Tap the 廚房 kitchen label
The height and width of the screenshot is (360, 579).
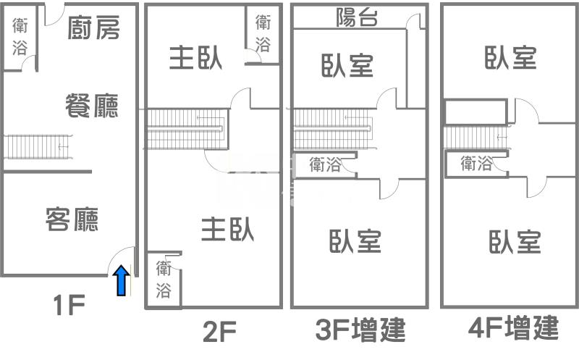click(93, 28)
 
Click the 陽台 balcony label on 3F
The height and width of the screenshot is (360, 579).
click(358, 18)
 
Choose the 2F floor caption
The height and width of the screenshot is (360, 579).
click(219, 332)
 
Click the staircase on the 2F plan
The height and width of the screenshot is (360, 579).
click(187, 128)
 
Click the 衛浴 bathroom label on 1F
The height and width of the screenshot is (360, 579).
click(20, 37)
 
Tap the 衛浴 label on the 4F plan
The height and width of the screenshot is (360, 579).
click(477, 164)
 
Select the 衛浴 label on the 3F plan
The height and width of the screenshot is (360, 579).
click(325, 164)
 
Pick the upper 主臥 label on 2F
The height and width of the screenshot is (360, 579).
click(195, 59)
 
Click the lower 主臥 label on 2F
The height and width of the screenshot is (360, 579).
click(227, 230)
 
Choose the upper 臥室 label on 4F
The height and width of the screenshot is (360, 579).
click(510, 57)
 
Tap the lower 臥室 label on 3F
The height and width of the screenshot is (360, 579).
click(355, 241)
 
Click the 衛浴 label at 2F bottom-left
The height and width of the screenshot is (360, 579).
click(164, 280)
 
